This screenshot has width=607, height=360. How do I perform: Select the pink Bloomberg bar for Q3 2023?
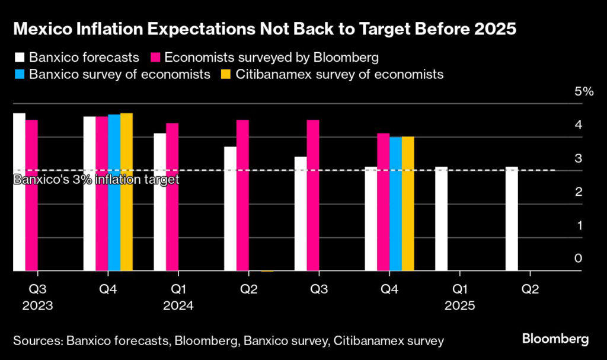[x=31, y=195]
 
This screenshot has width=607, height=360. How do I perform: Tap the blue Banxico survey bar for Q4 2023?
[x=114, y=193]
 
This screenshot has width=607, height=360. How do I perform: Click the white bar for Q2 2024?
[x=231, y=209]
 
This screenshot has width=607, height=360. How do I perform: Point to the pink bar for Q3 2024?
[x=313, y=195]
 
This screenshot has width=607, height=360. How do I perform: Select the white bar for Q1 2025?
[x=441, y=219]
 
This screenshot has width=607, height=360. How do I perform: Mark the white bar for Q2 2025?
[x=512, y=219]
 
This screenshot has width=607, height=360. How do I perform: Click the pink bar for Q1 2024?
[x=172, y=197]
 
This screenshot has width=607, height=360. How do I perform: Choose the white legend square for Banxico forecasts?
[x=19, y=58]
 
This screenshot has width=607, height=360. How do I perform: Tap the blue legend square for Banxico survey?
[x=19, y=75]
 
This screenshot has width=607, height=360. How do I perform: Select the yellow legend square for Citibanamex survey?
[x=226, y=75]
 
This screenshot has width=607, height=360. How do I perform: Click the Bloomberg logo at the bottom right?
[x=555, y=339]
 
